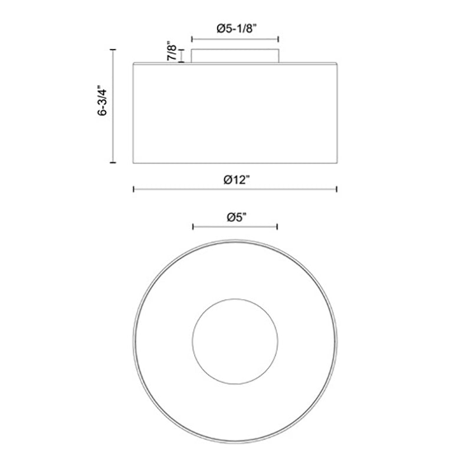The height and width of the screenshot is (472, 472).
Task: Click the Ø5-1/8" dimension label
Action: [x=237, y=28]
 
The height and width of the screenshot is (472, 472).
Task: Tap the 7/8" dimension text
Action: [x=172, y=51]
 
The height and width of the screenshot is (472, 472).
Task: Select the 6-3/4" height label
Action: [x=102, y=100]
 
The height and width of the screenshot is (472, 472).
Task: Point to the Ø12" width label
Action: [x=237, y=180]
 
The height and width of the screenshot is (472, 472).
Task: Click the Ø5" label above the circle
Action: [x=237, y=217]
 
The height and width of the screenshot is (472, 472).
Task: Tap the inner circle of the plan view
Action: [x=235, y=299]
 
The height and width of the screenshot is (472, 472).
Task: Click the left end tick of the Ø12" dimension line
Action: [x=134, y=189]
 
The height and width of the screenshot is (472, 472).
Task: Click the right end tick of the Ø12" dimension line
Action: [x=336, y=189]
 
